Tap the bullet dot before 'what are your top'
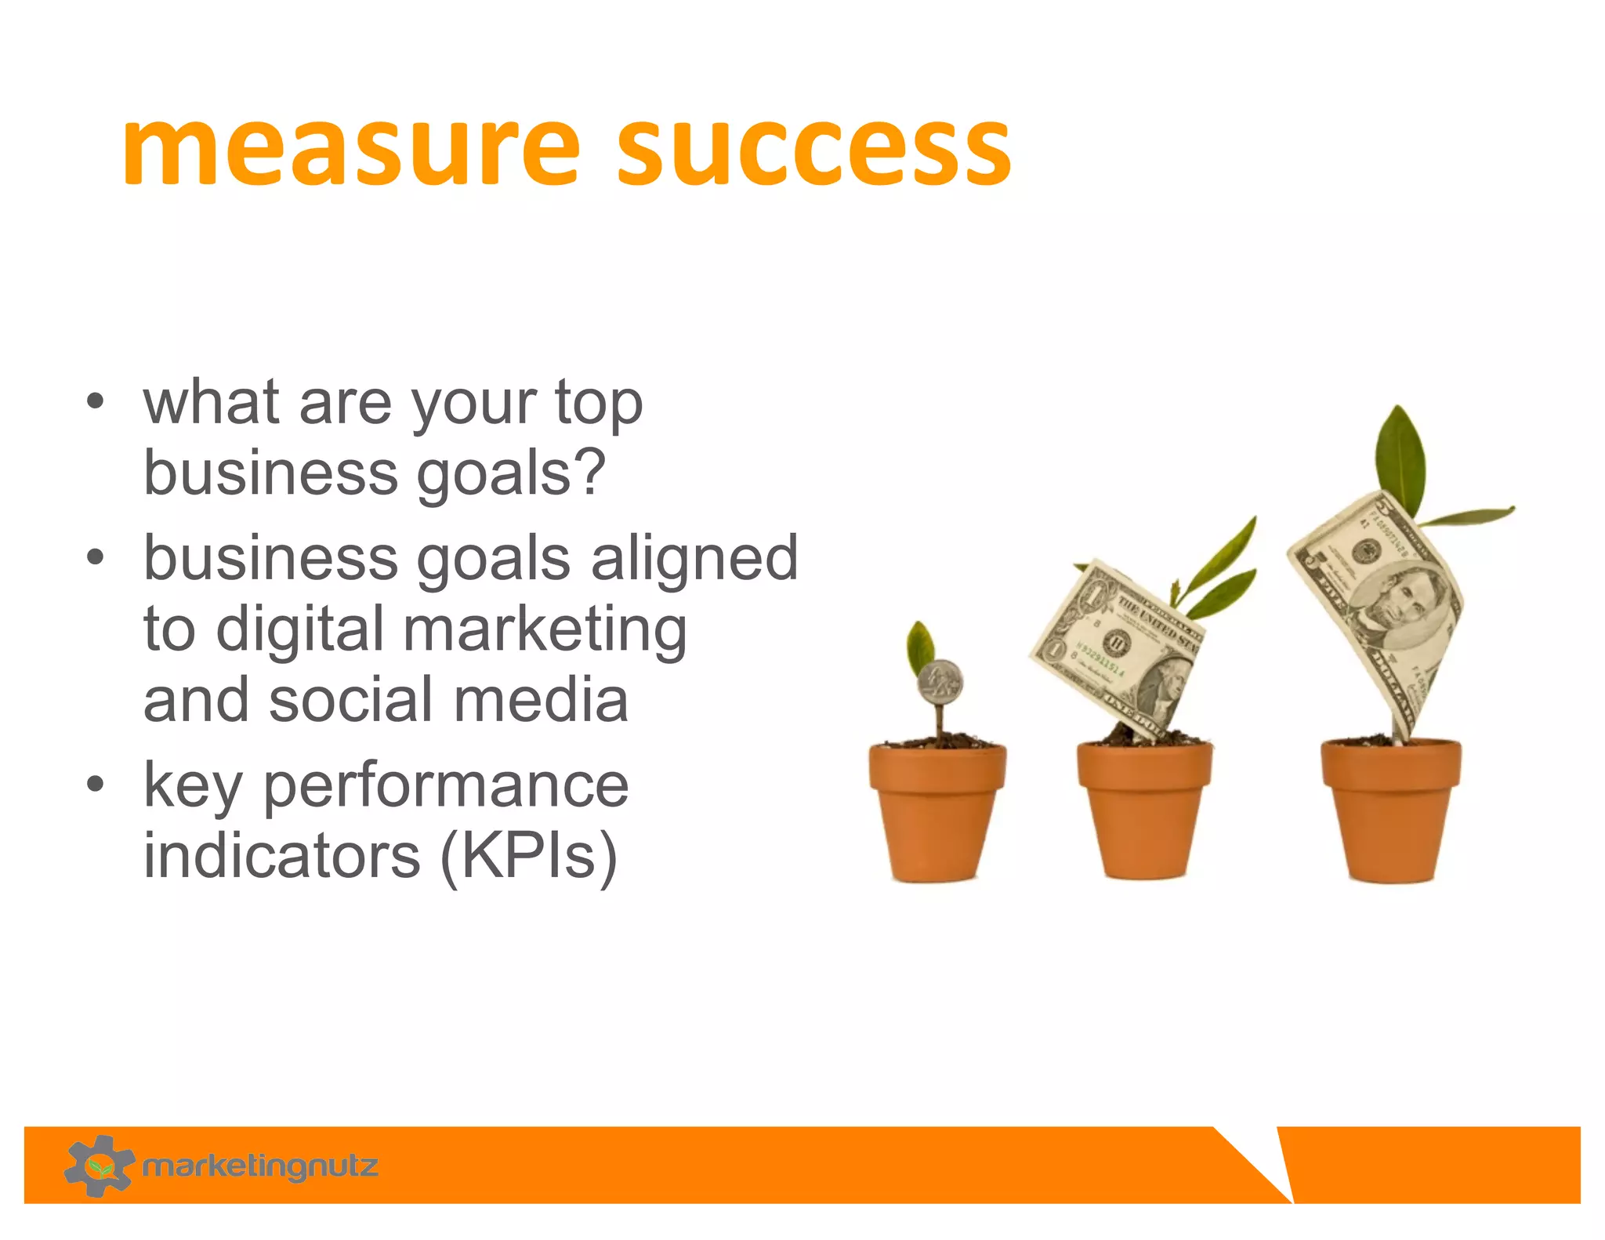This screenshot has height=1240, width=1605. (96, 402)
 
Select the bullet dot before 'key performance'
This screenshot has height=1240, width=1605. (96, 785)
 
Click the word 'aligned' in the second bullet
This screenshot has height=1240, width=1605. (694, 558)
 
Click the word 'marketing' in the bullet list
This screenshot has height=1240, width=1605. (545, 629)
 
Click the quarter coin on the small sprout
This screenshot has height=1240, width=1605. (940, 682)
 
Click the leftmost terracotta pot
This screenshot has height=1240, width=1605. (937, 811)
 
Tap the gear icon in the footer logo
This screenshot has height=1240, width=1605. (99, 1166)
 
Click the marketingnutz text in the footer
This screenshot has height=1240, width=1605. (260, 1166)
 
